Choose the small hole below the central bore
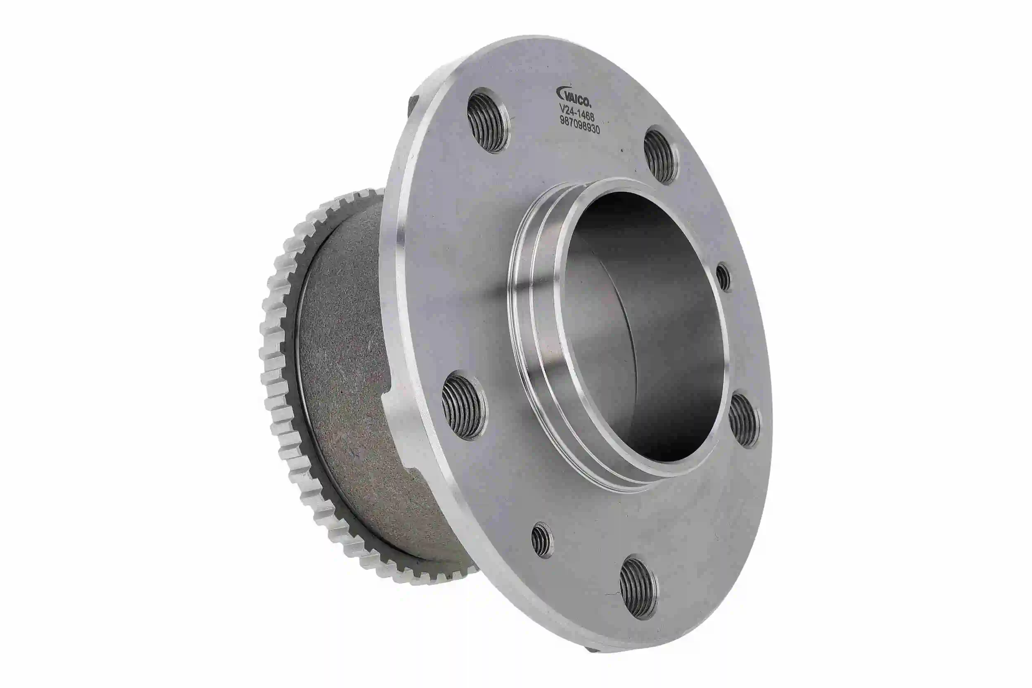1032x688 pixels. (542, 540)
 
